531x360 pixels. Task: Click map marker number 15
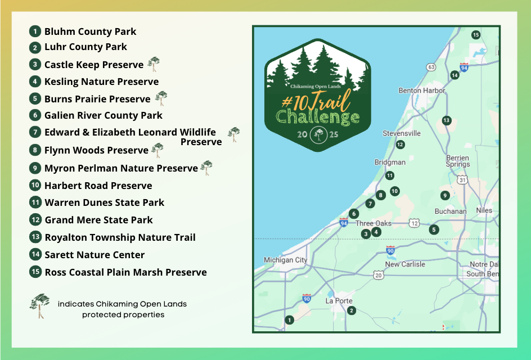coord(476,34)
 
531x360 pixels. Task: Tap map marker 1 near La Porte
coord(289,320)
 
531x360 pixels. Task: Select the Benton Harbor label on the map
coord(422,91)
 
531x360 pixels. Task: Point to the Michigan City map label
coord(286,260)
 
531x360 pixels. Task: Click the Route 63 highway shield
coord(431,67)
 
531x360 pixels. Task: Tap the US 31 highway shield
coord(462,180)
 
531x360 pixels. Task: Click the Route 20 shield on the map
coord(378,275)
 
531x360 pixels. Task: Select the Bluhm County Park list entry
coord(90,31)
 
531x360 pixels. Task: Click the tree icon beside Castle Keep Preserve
coord(154,64)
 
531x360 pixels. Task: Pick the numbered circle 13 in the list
coord(35,237)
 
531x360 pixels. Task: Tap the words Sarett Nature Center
coord(94,255)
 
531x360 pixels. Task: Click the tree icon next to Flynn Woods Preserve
coord(157,150)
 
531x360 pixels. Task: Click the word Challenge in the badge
coord(317,117)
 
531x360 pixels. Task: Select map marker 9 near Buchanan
coord(445,195)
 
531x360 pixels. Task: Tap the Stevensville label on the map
coord(402,133)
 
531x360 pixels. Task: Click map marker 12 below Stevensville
coord(400,145)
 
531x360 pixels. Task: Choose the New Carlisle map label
coord(405,264)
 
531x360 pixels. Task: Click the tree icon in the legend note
coord(39,306)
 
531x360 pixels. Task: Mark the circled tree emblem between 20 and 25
coord(319,135)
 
